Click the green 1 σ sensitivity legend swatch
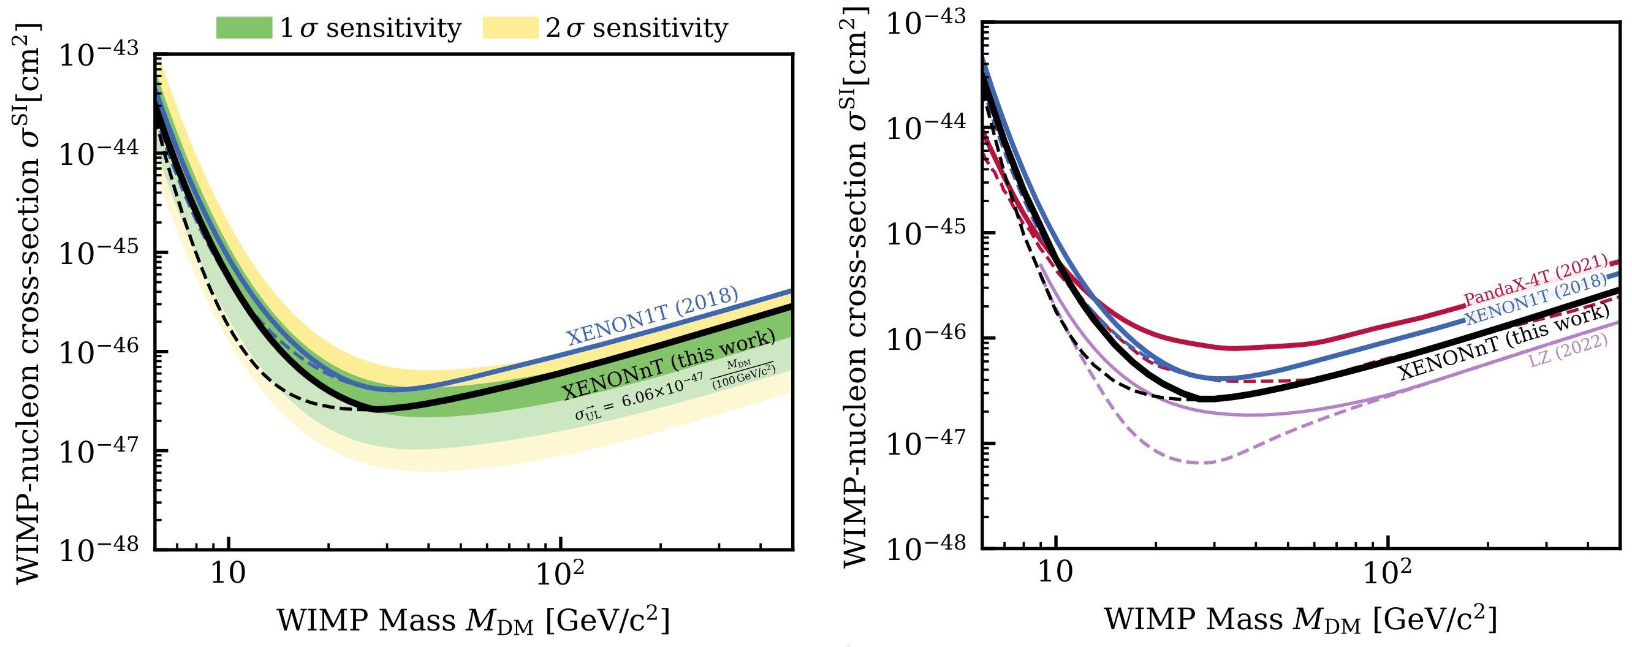244,28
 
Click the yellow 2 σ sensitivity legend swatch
510,28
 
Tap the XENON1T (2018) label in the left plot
652,315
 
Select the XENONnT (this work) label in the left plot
669,365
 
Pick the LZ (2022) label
1568,350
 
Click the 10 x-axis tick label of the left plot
228,575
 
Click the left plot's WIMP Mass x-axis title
473,621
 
